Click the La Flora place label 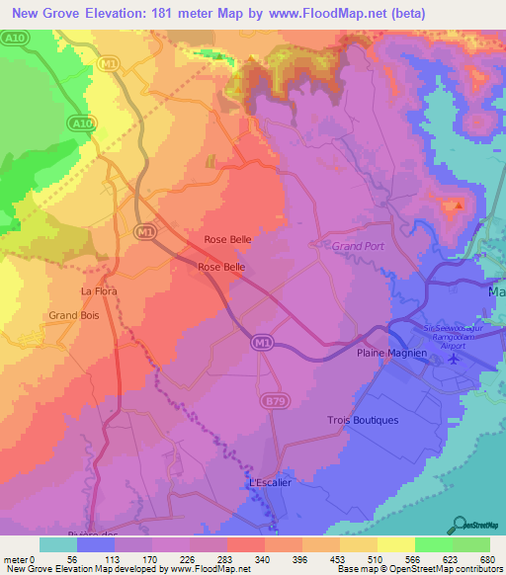click(99, 291)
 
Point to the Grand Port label click(358, 245)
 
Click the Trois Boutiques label click(363, 420)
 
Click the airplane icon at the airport click(454, 358)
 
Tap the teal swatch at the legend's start click(58, 544)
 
